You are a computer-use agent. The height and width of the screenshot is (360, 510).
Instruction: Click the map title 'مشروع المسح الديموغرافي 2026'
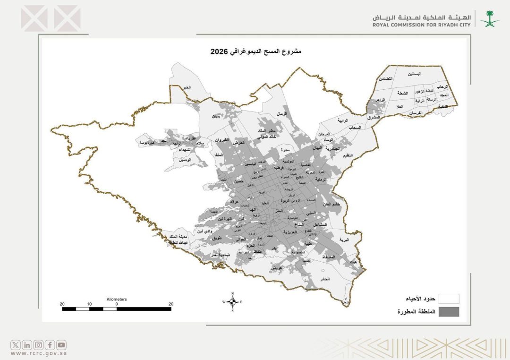click(255, 51)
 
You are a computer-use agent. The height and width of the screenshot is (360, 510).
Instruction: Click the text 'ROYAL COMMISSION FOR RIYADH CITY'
click(421, 25)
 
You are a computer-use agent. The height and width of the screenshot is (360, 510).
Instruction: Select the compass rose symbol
click(232, 301)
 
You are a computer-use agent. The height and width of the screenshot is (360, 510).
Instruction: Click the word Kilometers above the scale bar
click(116, 299)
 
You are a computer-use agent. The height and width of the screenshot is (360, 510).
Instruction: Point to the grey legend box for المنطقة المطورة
click(449, 312)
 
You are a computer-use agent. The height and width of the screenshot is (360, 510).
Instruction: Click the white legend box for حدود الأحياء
click(449, 299)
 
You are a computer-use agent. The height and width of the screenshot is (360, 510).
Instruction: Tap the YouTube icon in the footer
click(62, 345)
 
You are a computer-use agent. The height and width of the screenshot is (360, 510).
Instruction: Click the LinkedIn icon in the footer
click(27, 345)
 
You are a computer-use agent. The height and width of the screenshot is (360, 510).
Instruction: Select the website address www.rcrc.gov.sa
click(38, 353)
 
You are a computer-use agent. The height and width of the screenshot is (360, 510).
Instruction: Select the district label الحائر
click(337, 279)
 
